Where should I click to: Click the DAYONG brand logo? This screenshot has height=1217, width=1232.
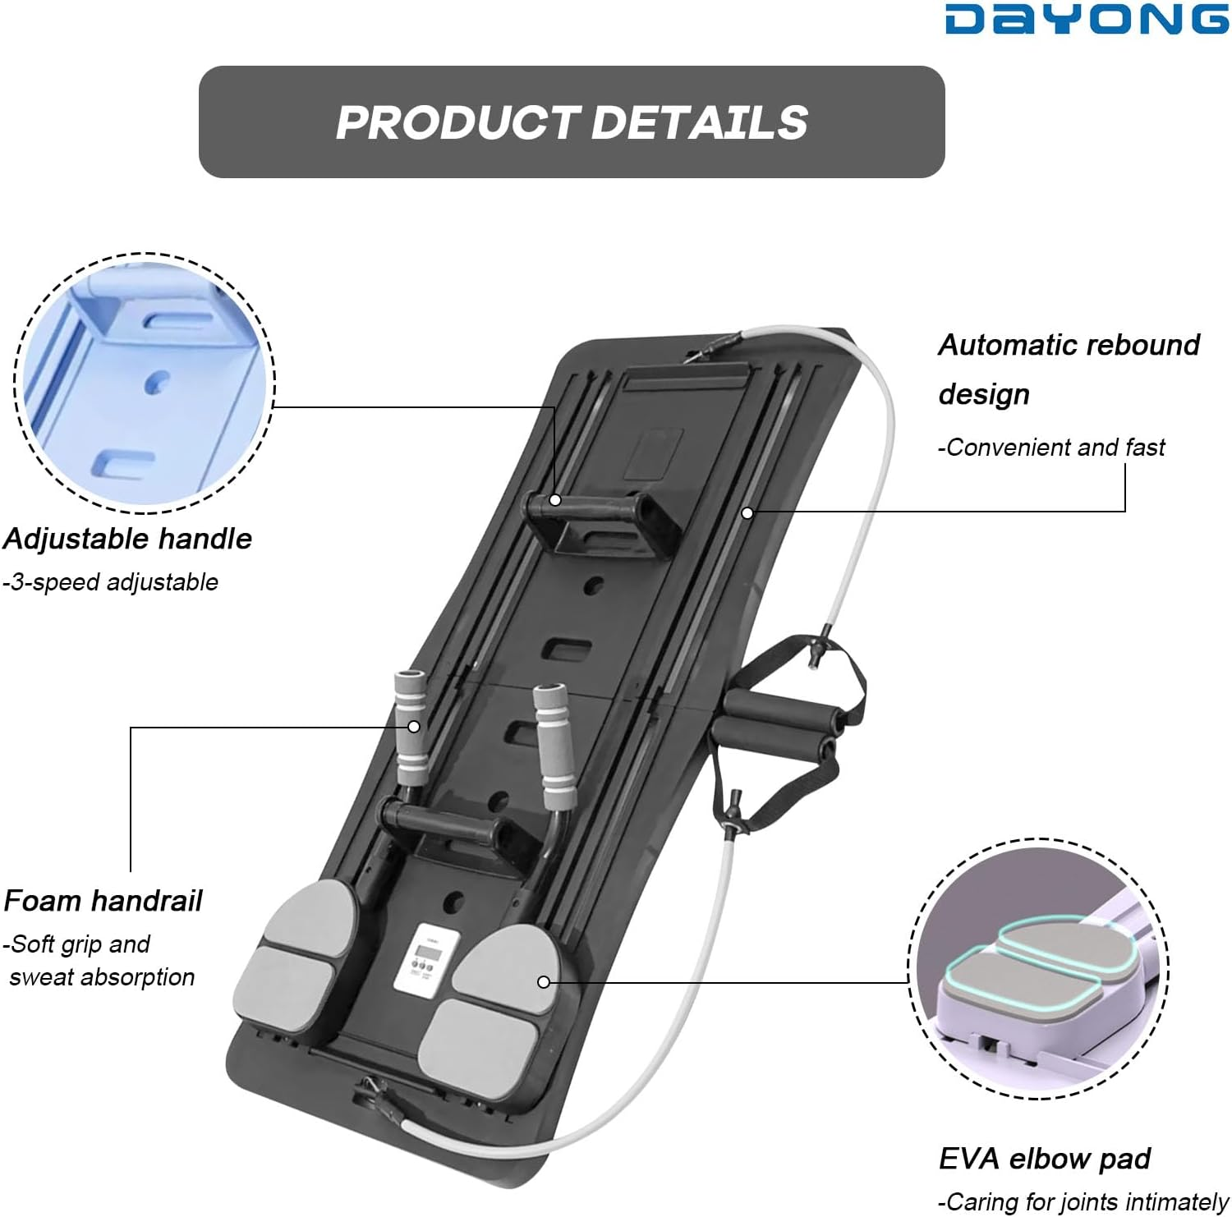pos(1086,20)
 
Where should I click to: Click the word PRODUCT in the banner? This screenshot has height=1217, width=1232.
pos(458,122)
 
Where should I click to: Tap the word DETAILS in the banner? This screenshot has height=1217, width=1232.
pos(699,122)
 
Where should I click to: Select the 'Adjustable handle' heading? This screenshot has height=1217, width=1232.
pos(127,539)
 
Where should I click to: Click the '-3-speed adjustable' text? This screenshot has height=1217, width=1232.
pos(110,582)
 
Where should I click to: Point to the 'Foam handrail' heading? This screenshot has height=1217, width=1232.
pos(103,901)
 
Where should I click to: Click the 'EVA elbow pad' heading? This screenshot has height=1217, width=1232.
pos(1044,1159)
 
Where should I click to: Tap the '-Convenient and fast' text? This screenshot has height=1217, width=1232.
pos(1051,448)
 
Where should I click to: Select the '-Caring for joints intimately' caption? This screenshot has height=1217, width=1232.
pos(1083,1202)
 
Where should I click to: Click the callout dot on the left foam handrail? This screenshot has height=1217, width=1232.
pos(414,727)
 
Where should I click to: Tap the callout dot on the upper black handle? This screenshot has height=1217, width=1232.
pos(555,499)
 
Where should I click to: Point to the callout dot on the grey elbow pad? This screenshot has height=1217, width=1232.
pos(543,982)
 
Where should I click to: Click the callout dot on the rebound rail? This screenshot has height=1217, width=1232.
pos(747,513)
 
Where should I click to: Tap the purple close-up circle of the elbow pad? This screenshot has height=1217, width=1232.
pos(1039,969)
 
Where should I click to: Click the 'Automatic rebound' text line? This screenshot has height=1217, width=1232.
pos(1069,346)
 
